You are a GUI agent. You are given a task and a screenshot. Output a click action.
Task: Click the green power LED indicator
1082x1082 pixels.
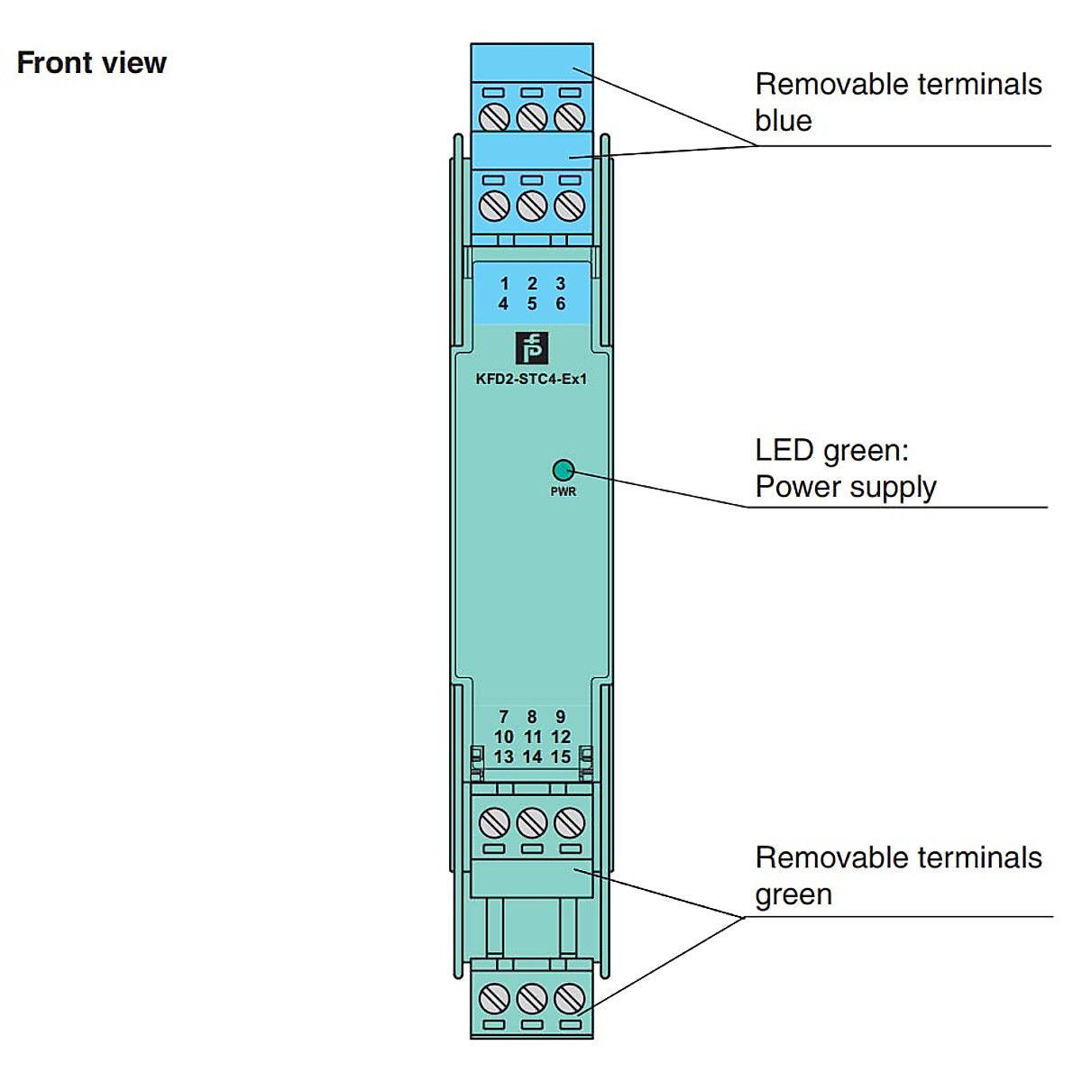(x=563, y=470)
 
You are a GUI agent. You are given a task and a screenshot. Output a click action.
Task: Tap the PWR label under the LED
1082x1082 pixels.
(x=564, y=491)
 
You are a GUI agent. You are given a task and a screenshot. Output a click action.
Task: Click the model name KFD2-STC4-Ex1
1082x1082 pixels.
(x=531, y=379)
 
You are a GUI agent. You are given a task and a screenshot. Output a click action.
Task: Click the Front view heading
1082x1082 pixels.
(x=92, y=63)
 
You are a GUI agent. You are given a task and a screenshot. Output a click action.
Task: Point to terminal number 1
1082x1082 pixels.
(x=504, y=284)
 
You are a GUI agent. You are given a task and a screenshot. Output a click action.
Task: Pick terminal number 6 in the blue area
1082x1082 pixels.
(x=560, y=304)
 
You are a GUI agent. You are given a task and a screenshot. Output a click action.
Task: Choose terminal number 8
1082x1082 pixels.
(x=532, y=717)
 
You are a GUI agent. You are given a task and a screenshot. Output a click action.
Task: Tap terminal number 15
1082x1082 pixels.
(x=561, y=756)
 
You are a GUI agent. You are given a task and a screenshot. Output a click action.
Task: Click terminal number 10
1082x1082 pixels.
(x=503, y=737)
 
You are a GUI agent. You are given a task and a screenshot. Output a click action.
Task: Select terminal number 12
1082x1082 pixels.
(x=561, y=737)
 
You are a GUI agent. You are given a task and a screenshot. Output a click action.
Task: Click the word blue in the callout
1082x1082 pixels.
(x=784, y=121)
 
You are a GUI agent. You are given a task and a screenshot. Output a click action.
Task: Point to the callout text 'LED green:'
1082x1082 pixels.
(x=832, y=450)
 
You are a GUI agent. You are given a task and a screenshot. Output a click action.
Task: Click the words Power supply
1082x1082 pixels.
(x=846, y=487)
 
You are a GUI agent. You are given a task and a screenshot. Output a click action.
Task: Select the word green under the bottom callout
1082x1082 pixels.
(x=793, y=894)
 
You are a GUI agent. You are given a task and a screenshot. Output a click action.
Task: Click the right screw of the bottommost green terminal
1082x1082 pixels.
(x=568, y=998)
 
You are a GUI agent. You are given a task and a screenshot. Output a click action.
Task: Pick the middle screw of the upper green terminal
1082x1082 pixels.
(x=532, y=822)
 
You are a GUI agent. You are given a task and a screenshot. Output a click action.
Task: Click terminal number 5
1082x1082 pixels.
(x=532, y=304)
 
